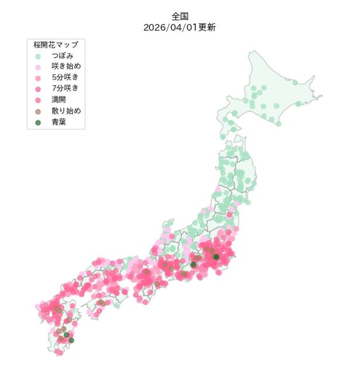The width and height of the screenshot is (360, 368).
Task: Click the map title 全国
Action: click(180, 17)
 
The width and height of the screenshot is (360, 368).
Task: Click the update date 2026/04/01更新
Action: click(180, 27)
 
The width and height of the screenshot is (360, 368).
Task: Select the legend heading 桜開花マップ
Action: click(56, 44)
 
